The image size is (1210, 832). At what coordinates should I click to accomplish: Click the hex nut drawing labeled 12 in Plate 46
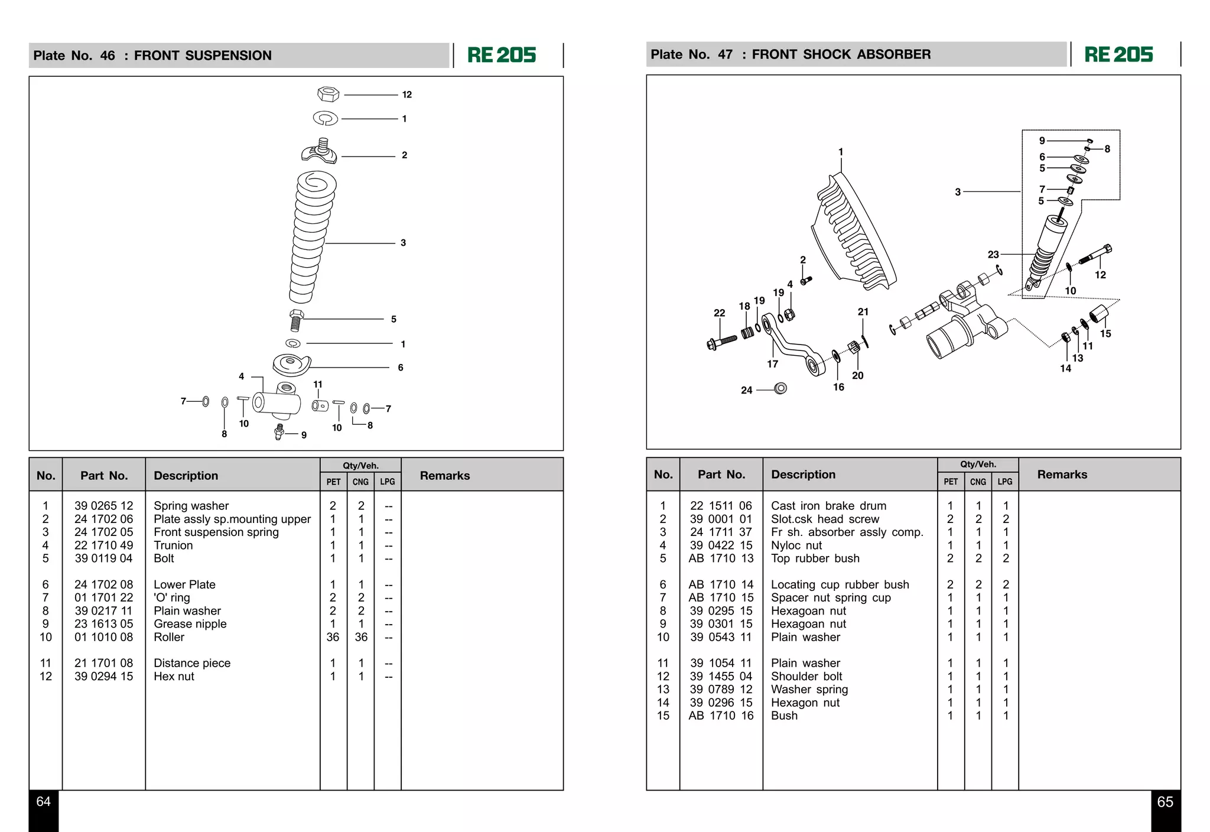(328, 94)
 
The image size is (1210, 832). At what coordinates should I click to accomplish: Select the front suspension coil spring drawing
(312, 236)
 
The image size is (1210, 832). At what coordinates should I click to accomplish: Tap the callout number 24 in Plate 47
(746, 390)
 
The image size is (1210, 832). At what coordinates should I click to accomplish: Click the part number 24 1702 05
(103, 532)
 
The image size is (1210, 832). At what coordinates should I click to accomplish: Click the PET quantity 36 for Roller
(333, 637)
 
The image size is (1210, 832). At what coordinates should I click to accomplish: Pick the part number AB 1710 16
(721, 716)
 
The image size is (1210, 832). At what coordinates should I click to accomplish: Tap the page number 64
(44, 802)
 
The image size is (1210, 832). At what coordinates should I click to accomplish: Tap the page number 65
(1165, 802)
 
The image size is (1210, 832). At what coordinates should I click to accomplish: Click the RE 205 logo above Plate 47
(1118, 55)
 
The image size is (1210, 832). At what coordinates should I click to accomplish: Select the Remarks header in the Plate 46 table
(444, 476)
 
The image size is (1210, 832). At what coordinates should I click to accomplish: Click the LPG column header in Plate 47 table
(1004, 482)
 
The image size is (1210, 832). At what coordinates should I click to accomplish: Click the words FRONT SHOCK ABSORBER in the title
(841, 54)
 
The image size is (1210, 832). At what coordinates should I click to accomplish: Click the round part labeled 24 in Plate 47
(780, 388)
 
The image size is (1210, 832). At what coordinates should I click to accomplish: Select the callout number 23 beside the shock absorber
(993, 254)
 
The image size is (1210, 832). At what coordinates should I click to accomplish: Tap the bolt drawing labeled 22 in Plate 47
(722, 342)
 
